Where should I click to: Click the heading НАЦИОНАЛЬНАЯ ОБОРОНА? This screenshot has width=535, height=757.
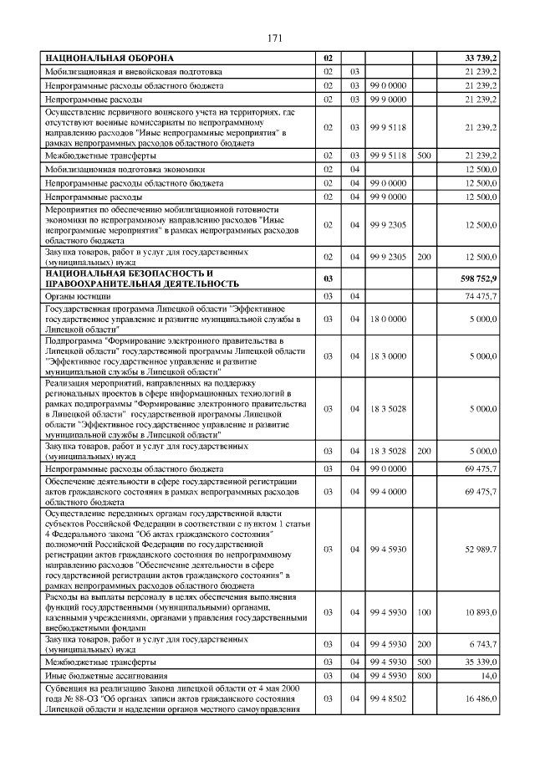(x=110, y=59)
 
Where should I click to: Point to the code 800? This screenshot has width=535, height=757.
(x=424, y=675)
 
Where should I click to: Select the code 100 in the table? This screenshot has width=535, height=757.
(x=424, y=612)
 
